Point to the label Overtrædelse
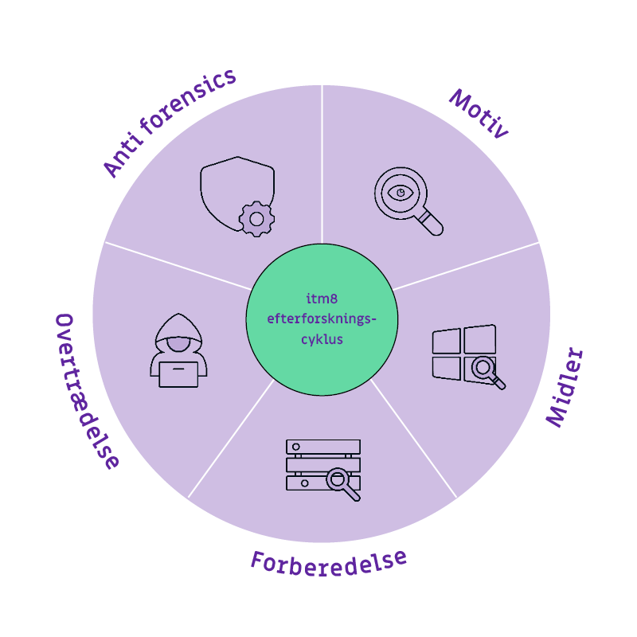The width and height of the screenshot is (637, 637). point(87,390)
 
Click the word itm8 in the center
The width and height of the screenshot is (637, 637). point(322,299)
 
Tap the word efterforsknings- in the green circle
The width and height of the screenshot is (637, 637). point(322,318)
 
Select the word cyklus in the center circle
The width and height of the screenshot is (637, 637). point(322,338)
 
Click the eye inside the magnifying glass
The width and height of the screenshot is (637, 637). point(401,192)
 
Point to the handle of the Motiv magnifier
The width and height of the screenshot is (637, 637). point(431,222)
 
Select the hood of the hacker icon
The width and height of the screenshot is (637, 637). point(178,326)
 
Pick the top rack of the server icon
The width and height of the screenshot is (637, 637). point(322,447)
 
